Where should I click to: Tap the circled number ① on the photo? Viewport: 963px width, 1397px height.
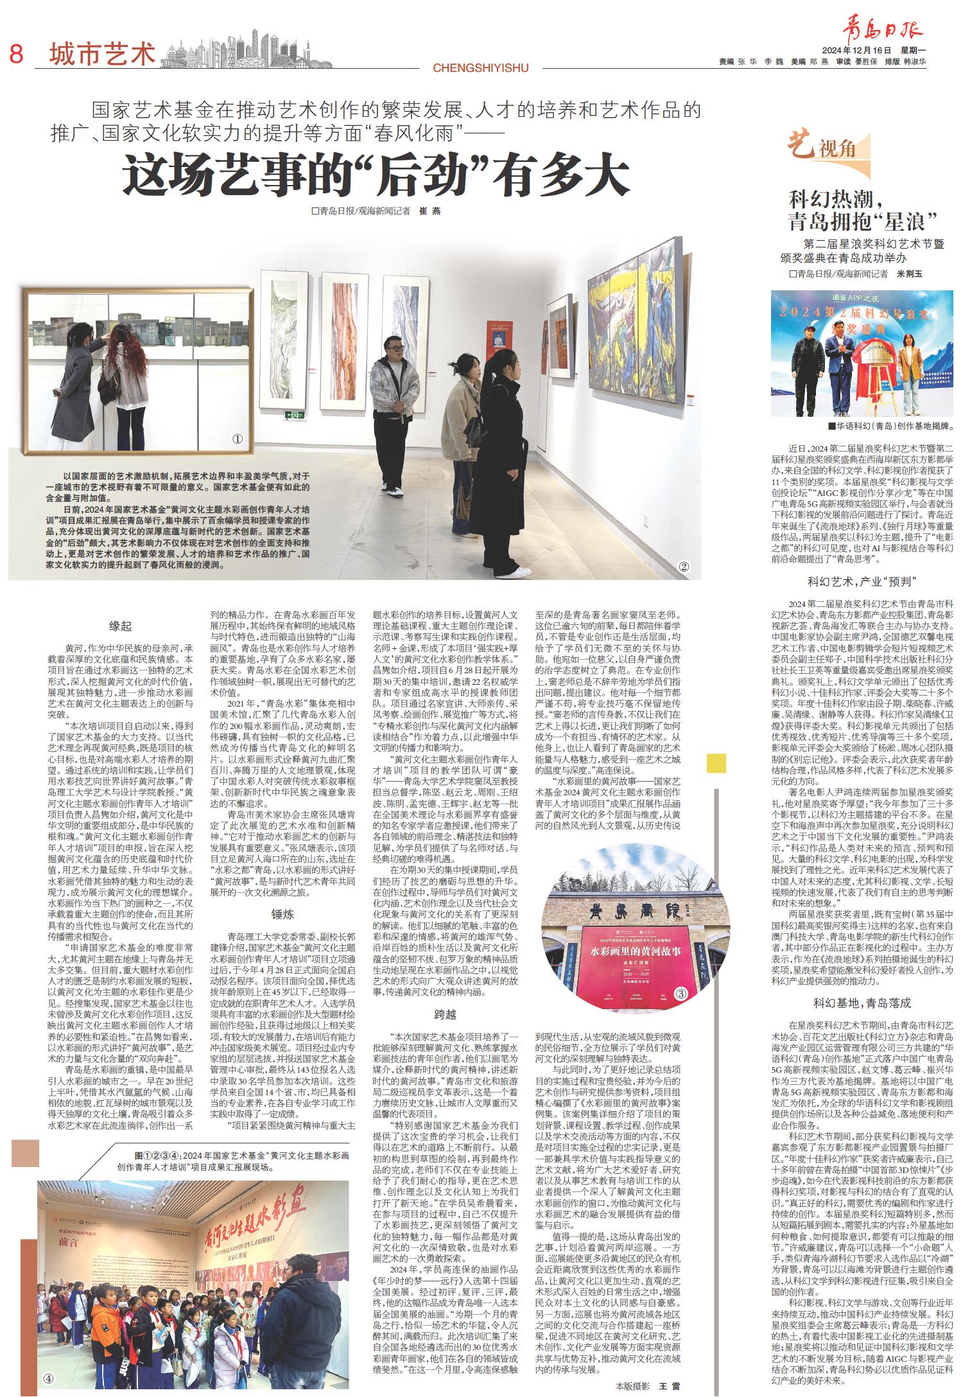click(x=238, y=440)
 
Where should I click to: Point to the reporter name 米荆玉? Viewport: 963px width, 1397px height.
click(x=908, y=274)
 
